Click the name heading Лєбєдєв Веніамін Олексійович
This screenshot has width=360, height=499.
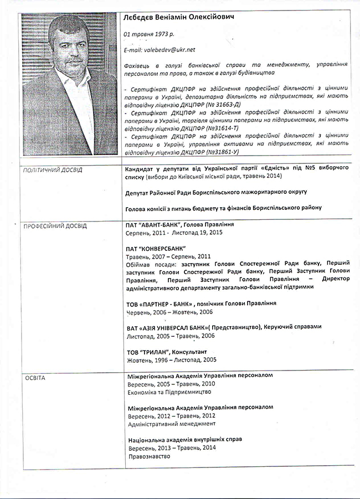coord(179,17)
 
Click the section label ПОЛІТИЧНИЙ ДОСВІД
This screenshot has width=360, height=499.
coord(52,170)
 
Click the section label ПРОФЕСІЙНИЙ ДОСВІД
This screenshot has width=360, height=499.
coord(55,226)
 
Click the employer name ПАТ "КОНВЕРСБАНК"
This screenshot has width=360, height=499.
coord(156,249)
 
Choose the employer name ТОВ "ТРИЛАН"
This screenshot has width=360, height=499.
coord(148,352)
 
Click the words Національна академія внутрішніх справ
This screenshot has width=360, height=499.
coord(185,439)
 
